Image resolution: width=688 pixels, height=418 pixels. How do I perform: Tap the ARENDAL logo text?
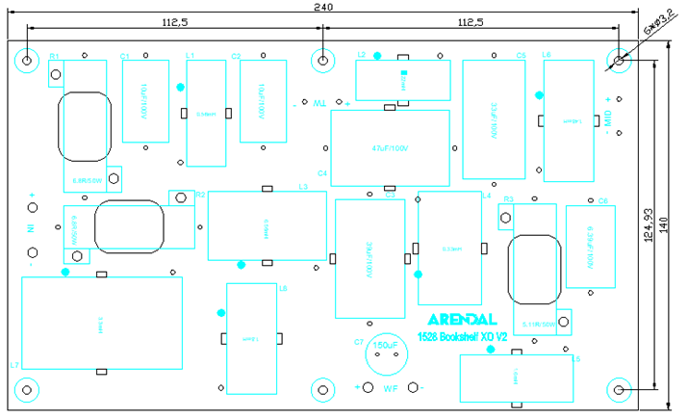(x=462, y=319)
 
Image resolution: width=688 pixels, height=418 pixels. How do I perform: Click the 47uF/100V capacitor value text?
(x=390, y=147)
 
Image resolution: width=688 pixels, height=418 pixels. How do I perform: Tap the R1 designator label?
(x=54, y=57)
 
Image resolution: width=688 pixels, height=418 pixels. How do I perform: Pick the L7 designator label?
(x=13, y=365)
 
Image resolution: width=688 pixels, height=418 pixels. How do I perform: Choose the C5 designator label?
(x=521, y=56)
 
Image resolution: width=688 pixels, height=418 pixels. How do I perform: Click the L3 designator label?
(x=303, y=187)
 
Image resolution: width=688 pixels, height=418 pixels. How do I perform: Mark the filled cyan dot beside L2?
(x=377, y=55)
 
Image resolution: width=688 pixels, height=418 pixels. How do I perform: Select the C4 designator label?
(x=322, y=173)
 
